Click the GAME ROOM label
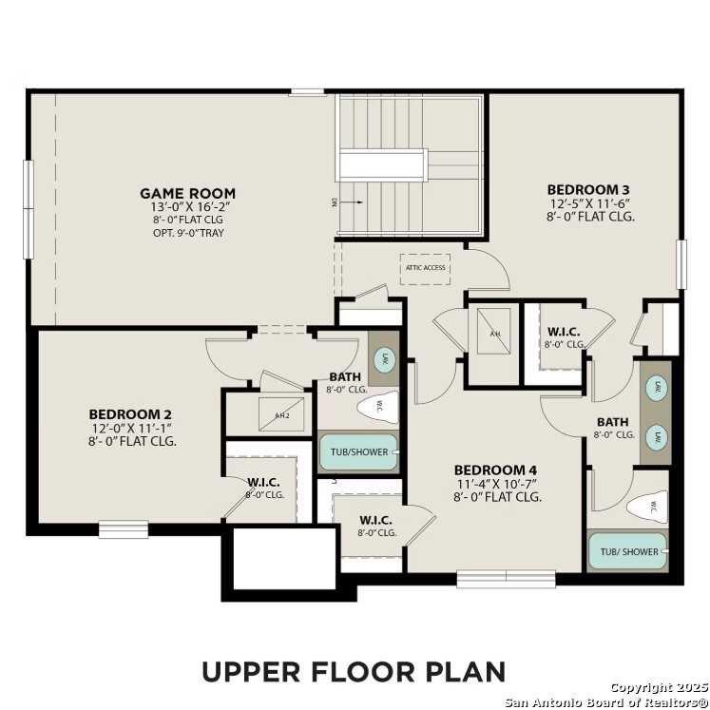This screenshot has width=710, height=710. [x=187, y=193]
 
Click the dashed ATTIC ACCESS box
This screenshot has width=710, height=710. [x=425, y=268]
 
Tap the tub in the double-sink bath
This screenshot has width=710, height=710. [x=627, y=551]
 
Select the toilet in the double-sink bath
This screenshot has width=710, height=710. [x=649, y=507]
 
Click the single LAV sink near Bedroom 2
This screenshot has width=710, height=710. [x=384, y=358]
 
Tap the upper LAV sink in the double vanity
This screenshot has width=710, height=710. [x=655, y=389]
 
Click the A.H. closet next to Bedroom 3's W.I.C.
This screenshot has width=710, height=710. [x=495, y=332]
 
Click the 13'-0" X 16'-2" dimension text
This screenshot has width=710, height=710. [x=190, y=206]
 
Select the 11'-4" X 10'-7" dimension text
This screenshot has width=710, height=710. [x=497, y=483]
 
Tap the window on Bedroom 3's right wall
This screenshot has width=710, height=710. [x=681, y=263]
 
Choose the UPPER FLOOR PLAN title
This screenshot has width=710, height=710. [x=354, y=670]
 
